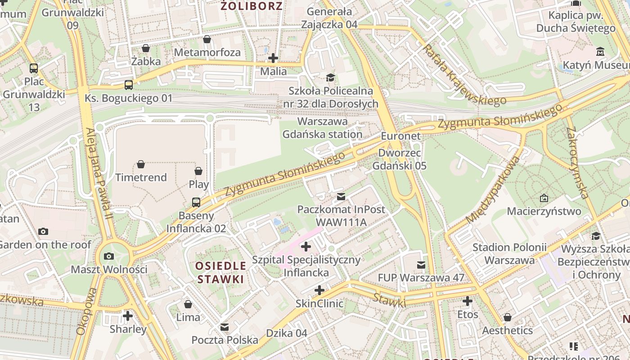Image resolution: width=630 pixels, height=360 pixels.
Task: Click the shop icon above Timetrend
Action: point(141,164)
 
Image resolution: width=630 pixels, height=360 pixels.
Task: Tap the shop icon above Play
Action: point(198,171)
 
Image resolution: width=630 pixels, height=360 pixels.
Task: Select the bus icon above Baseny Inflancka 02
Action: point(196,202)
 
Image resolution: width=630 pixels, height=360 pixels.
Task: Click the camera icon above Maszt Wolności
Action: point(108,256)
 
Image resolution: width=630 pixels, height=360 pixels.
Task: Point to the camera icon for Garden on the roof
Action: point(43,231)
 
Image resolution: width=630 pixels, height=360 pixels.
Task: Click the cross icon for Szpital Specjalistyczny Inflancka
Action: point(306,246)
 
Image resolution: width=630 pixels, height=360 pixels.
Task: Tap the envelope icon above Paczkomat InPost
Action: point(341,196)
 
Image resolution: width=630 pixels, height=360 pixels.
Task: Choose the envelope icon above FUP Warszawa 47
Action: point(421,265)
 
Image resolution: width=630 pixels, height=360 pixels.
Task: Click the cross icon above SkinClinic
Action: point(319,290)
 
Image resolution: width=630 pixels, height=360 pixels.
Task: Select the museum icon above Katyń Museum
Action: point(600,52)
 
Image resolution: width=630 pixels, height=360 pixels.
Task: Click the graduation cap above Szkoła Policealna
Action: point(331,77)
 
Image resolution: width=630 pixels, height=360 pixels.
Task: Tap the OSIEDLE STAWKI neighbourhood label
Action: point(220,272)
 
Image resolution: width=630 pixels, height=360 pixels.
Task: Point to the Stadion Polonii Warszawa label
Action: point(509,254)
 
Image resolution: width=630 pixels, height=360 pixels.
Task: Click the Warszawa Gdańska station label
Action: point(323,128)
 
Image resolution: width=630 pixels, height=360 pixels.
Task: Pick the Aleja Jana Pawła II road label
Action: point(99,173)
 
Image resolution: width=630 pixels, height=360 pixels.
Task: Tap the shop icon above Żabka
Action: point(146,48)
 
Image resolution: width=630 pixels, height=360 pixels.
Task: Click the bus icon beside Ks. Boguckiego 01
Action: point(129,85)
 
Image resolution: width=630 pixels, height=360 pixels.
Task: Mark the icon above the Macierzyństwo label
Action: point(544,198)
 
